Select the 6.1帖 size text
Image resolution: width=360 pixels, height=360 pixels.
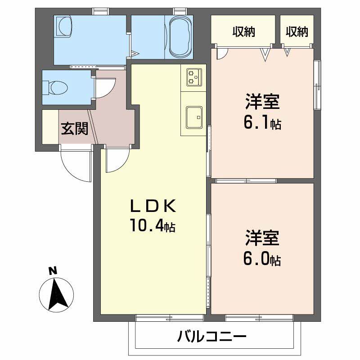coord(263,122)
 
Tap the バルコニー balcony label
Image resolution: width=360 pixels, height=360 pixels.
coord(211,337)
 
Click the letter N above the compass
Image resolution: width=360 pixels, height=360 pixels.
coord(53,271)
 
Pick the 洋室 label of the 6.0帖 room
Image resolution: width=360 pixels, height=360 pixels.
coord(263,238)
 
